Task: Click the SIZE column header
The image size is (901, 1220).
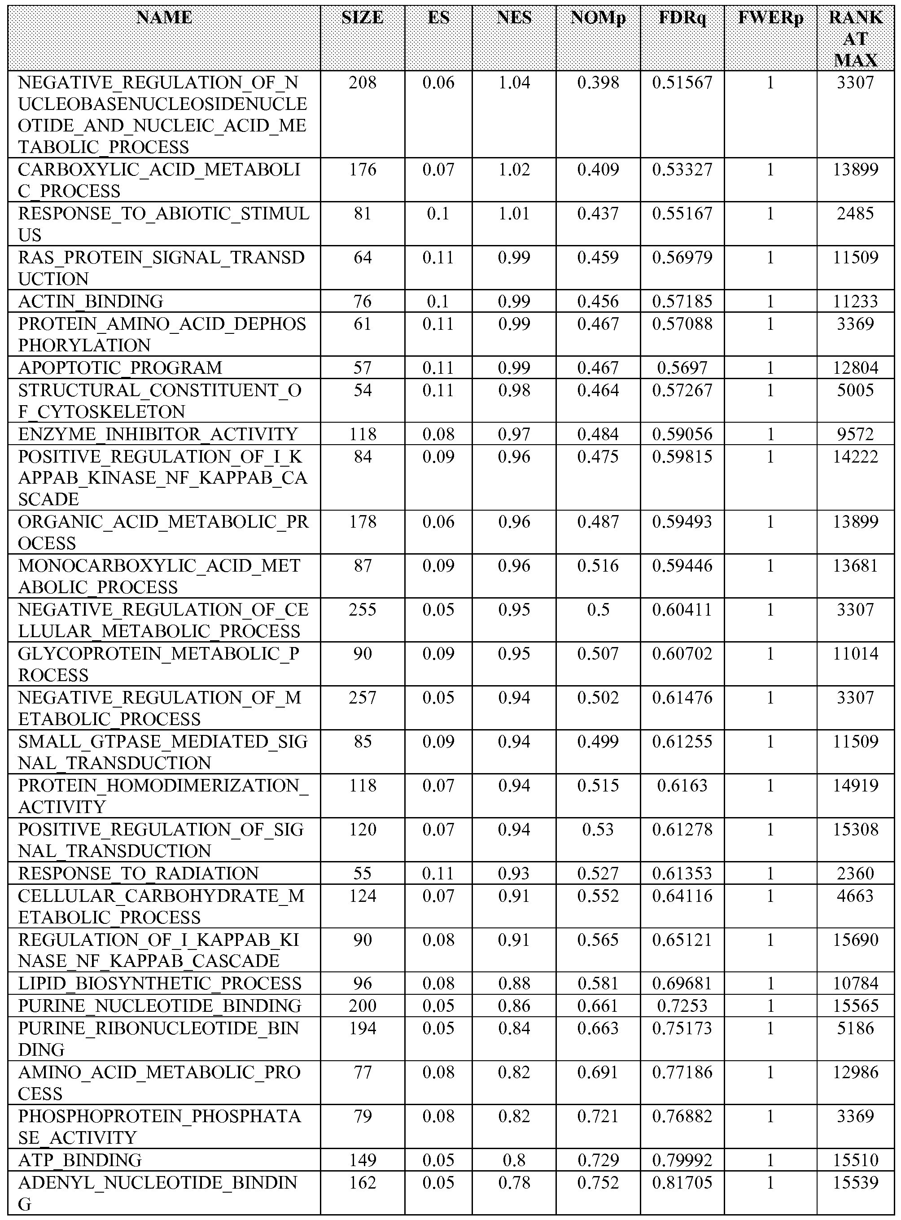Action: click(x=362, y=18)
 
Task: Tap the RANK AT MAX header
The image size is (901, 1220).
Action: click(x=855, y=39)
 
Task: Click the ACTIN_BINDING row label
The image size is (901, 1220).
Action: click(x=91, y=301)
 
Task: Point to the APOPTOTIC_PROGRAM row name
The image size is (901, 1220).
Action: click(x=120, y=367)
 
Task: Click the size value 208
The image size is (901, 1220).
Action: click(x=362, y=83)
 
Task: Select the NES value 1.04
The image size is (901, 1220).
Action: click(x=514, y=83)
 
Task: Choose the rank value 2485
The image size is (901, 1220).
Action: click(x=855, y=213)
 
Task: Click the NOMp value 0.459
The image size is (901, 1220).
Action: click(x=598, y=258)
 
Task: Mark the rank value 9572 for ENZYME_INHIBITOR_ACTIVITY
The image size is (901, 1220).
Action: click(x=855, y=434)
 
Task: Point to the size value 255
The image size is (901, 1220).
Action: click(x=362, y=609)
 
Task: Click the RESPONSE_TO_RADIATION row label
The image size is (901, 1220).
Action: click(x=138, y=873)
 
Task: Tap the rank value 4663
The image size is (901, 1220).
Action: click(x=855, y=896)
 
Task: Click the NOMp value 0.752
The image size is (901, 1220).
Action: click(x=598, y=1182)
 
